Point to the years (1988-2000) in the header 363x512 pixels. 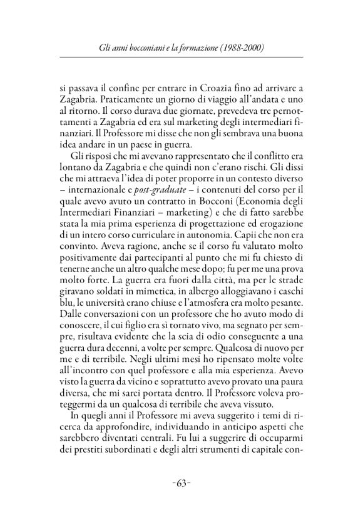[x=238, y=48]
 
